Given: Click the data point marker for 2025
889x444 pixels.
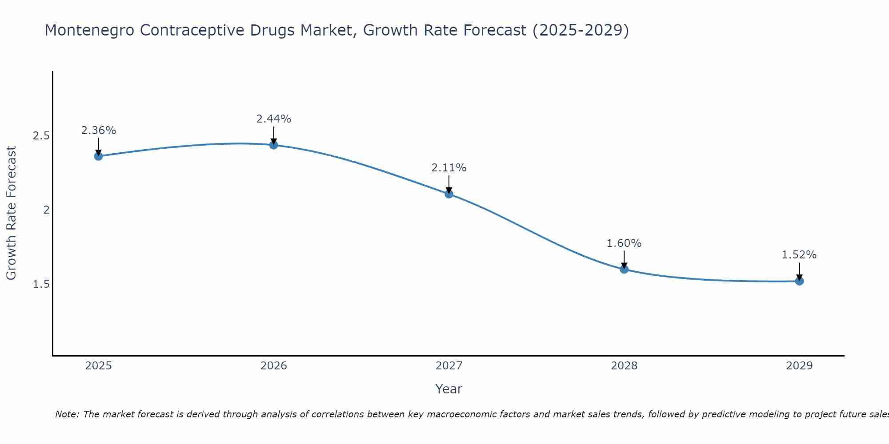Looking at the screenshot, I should pyautogui.click(x=98, y=156).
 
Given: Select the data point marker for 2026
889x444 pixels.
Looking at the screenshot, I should pyautogui.click(x=273, y=145).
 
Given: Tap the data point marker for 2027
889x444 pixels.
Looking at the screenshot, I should pyautogui.click(x=449, y=194).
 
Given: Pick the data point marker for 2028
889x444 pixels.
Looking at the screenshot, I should pyautogui.click(x=624, y=269).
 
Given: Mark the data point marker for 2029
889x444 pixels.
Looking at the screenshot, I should pyautogui.click(x=799, y=281).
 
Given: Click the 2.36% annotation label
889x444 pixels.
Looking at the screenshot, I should pyautogui.click(x=98, y=131).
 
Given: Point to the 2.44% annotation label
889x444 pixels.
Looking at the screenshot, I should pyautogui.click(x=273, y=119).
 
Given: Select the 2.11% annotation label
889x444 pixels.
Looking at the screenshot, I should pyautogui.click(x=449, y=168).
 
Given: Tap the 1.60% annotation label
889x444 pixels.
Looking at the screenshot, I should pyautogui.click(x=624, y=243).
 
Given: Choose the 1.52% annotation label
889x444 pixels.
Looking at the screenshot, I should pyautogui.click(x=799, y=255).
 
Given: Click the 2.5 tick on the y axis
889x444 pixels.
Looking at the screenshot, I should pyautogui.click(x=41, y=136).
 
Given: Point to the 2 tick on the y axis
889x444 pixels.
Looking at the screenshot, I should pyautogui.click(x=46, y=210).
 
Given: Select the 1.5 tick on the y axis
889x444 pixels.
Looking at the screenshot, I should pyautogui.click(x=41, y=284).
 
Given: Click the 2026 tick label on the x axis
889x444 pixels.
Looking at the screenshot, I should pyautogui.click(x=273, y=366).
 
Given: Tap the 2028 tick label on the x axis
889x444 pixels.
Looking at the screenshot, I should pyautogui.click(x=624, y=366).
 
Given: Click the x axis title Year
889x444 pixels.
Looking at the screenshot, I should pyautogui.click(x=449, y=389).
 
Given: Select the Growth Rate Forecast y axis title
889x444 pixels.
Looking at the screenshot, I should pyautogui.click(x=12, y=213).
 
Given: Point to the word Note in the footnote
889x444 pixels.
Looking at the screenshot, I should pyautogui.click(x=66, y=414).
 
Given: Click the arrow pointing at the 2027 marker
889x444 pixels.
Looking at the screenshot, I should pyautogui.click(x=449, y=184).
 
